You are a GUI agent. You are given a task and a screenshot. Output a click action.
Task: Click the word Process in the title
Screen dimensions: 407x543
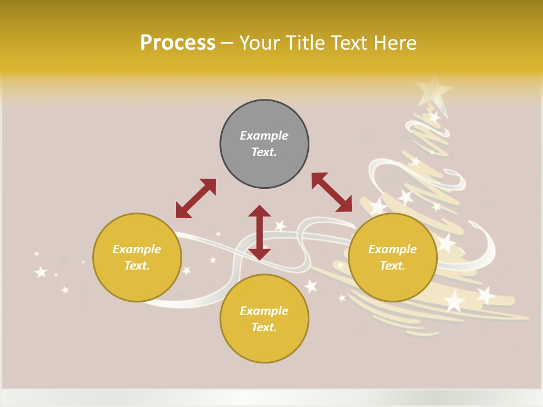178,43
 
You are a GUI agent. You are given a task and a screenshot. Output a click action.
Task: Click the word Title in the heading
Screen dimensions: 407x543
305,43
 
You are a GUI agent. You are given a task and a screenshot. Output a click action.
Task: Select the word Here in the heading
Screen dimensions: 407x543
394,43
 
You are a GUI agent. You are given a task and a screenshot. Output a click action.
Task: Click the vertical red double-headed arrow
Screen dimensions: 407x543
260,232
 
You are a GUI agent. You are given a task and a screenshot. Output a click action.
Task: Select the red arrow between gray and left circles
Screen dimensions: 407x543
196,198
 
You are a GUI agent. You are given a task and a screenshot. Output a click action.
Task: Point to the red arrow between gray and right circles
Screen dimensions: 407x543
331,192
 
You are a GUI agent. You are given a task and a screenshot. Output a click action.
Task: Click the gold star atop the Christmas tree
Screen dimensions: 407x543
434,89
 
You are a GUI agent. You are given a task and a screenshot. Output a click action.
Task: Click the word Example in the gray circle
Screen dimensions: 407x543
264,136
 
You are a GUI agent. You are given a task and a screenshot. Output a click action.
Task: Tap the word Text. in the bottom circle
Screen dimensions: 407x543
264,327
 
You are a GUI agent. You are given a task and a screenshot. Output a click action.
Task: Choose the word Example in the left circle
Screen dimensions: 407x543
137,249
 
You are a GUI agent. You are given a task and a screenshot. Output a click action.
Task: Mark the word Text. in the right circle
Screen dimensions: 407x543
393,266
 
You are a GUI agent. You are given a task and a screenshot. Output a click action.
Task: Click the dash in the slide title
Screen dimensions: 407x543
227,43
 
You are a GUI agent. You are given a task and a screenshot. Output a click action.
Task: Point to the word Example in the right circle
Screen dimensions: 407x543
393,249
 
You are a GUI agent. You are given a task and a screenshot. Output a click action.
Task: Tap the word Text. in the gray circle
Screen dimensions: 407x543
264,152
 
